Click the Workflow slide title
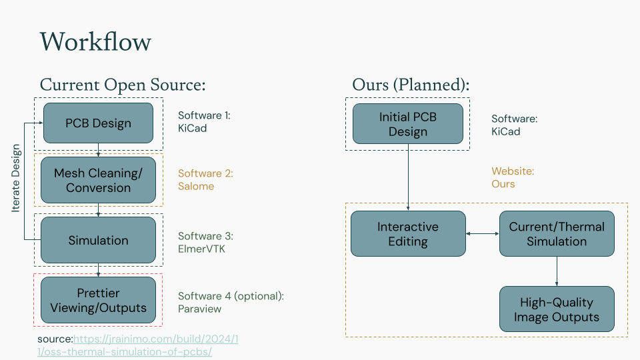tap(95, 41)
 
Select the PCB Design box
tap(98, 123)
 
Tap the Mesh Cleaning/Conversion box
tap(98, 180)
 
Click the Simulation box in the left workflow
tap(98, 240)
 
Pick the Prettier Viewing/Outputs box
tap(98, 300)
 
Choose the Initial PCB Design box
tap(407, 124)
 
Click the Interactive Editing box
tap(408, 234)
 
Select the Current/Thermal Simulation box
tap(557, 234)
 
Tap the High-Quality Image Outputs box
tap(557, 309)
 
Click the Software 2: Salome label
tap(205, 180)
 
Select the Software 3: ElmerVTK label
tap(205, 242)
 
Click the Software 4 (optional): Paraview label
tap(231, 302)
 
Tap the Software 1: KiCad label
tap(204, 122)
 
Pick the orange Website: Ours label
tap(513, 177)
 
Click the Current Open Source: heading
tap(123, 85)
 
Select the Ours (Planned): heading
tap(411, 85)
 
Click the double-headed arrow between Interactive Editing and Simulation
tap(483, 234)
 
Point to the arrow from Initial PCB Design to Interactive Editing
tap(408, 177)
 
